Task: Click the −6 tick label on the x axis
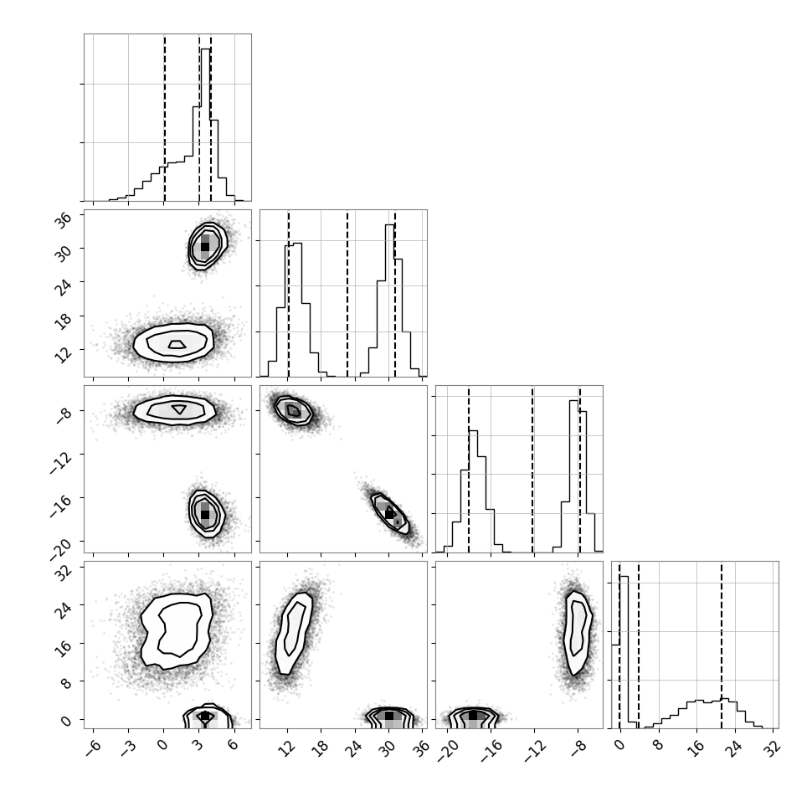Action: click(x=93, y=748)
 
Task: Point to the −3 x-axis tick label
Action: click(x=128, y=748)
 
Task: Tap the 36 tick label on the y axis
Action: click(x=64, y=220)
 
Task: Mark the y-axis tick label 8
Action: click(x=66, y=682)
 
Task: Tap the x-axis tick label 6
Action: click(x=234, y=745)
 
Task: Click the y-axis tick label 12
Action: click(x=64, y=355)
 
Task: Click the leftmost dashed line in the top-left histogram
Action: click(x=165, y=117)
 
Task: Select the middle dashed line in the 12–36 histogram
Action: click(x=347, y=293)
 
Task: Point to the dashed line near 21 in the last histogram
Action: click(x=722, y=645)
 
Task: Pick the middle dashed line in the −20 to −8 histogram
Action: click(x=532, y=469)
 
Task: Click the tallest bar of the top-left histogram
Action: click(x=206, y=125)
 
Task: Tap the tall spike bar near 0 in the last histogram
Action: click(x=624, y=649)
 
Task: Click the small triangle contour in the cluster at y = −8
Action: click(x=179, y=409)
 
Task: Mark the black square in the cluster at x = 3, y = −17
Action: click(x=205, y=514)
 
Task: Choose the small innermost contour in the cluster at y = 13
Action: click(x=177, y=344)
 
